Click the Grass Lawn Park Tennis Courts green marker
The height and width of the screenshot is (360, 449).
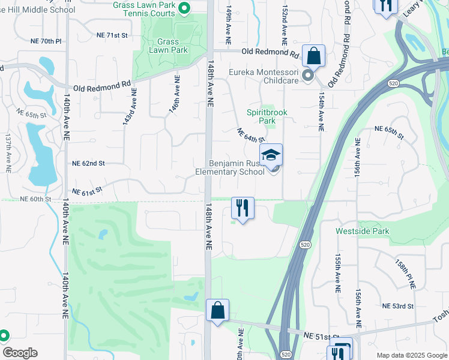point(185,8)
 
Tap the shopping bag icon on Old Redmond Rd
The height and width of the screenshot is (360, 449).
point(313,56)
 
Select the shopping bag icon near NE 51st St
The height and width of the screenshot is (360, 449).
point(218,311)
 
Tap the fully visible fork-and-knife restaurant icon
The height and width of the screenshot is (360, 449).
point(243,208)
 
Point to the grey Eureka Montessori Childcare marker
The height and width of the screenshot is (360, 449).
point(308,76)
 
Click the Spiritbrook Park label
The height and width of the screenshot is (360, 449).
point(265,116)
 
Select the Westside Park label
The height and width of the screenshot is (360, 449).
point(363,231)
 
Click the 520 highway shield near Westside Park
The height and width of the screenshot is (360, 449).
point(304,245)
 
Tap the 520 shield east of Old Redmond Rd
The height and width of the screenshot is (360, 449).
point(393,83)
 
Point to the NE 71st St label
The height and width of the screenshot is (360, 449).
point(113,35)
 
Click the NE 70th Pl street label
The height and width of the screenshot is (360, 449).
point(46,41)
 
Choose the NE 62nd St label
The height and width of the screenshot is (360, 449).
point(88,163)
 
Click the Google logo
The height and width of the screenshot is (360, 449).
point(20,353)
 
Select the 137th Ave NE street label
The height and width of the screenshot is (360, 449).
point(8,154)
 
